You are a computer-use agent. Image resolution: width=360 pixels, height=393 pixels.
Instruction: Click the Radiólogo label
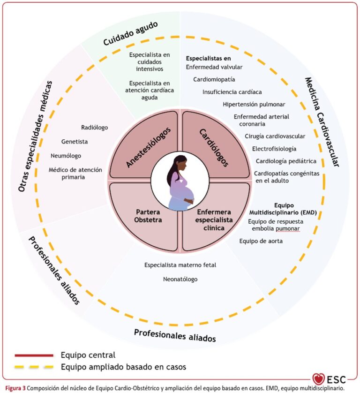[x=94, y=127]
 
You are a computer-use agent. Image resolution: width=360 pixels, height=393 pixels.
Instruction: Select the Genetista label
[x=75, y=141]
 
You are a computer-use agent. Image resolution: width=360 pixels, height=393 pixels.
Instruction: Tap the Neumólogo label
[x=66, y=155]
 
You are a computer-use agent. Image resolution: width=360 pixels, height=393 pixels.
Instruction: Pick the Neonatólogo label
[x=180, y=279]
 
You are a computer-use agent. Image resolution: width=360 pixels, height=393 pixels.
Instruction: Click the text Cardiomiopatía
[x=214, y=79]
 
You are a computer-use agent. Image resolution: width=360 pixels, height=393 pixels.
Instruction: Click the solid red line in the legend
[x=34, y=355]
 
